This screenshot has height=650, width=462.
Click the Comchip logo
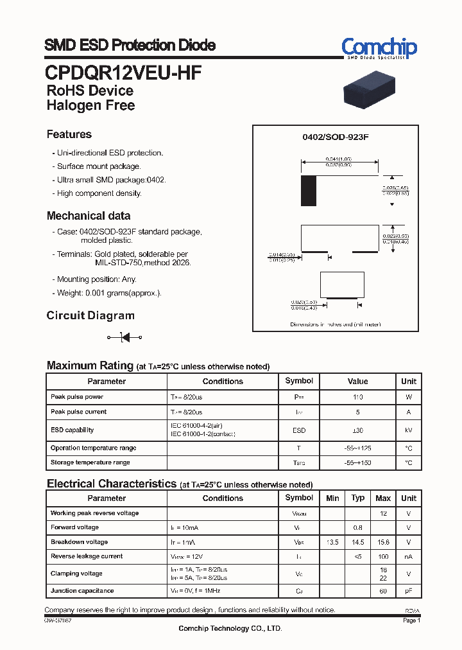[379, 48]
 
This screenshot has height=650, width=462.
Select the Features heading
[69, 134]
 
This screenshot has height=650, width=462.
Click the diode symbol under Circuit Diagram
[124, 337]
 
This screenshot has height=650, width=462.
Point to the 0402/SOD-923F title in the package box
[335, 137]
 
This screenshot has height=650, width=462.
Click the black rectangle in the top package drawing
[309, 191]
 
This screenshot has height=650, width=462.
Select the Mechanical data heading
[89, 216]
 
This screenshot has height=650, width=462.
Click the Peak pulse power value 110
[357, 398]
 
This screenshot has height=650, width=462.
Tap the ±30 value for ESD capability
[357, 430]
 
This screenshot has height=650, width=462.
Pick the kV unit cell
[408, 430]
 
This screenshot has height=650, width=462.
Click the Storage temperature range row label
[90, 462]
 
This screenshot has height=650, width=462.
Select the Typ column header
[357, 498]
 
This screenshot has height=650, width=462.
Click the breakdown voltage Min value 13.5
[332, 542]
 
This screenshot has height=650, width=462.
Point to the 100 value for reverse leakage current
[383, 557]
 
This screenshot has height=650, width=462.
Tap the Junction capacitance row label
[82, 591]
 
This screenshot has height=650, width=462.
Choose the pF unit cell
[408, 591]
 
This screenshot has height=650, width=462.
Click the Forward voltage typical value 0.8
[357, 528]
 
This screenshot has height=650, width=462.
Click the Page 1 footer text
[411, 620]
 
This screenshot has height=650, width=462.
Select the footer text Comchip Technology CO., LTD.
[230, 629]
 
